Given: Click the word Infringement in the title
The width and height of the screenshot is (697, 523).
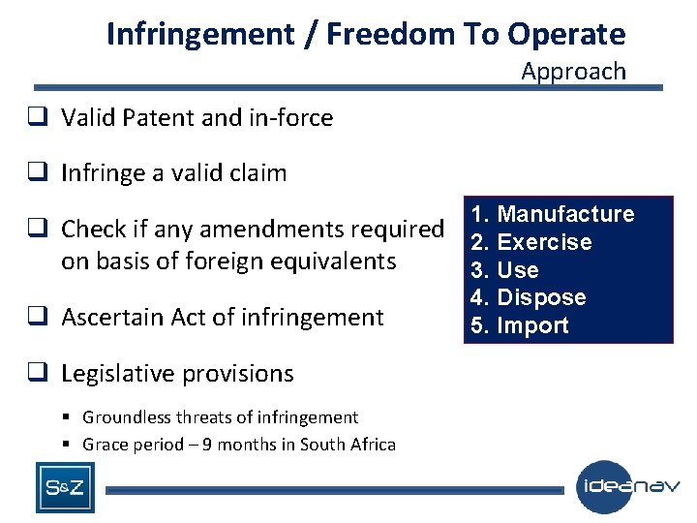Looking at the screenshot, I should coord(199,34).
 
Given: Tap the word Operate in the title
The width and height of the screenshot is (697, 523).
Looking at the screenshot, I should coord(566,34).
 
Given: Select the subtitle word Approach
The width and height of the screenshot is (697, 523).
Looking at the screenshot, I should coord(573,71).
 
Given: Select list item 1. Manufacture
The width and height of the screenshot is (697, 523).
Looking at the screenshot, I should coord(552,214).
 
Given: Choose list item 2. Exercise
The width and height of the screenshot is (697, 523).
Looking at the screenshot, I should coord(530,242).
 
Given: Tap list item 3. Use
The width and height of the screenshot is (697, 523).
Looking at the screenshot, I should coord(504,270).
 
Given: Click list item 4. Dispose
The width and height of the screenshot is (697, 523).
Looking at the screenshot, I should coord(528,297).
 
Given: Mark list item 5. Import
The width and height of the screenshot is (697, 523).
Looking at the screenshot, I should coord(520,325).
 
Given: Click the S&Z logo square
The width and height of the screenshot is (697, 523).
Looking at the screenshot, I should coord(66,487).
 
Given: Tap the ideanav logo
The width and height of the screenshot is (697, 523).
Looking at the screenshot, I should coord(628,487).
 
